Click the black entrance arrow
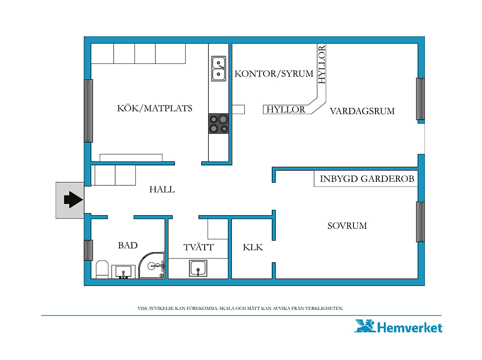pos(73,200)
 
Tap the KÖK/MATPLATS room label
pos(155,108)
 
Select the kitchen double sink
pos(219,69)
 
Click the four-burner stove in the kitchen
pos(219,124)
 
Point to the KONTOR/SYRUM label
pos(274,74)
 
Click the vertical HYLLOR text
pos(321,64)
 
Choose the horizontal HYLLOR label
pos(286,110)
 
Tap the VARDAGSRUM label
pos(362,111)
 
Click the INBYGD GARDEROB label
pos(367,179)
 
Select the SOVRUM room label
pos(347,226)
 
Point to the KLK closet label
pos(253,247)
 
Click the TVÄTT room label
pos(198,247)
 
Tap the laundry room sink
pos(198,268)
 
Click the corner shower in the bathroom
pos(151,265)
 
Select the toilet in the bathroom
pos(102,269)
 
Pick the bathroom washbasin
pos(123,272)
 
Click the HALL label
pos(162,190)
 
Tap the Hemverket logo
pos(398,327)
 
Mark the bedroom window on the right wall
pos(420,222)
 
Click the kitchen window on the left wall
pos(88,111)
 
